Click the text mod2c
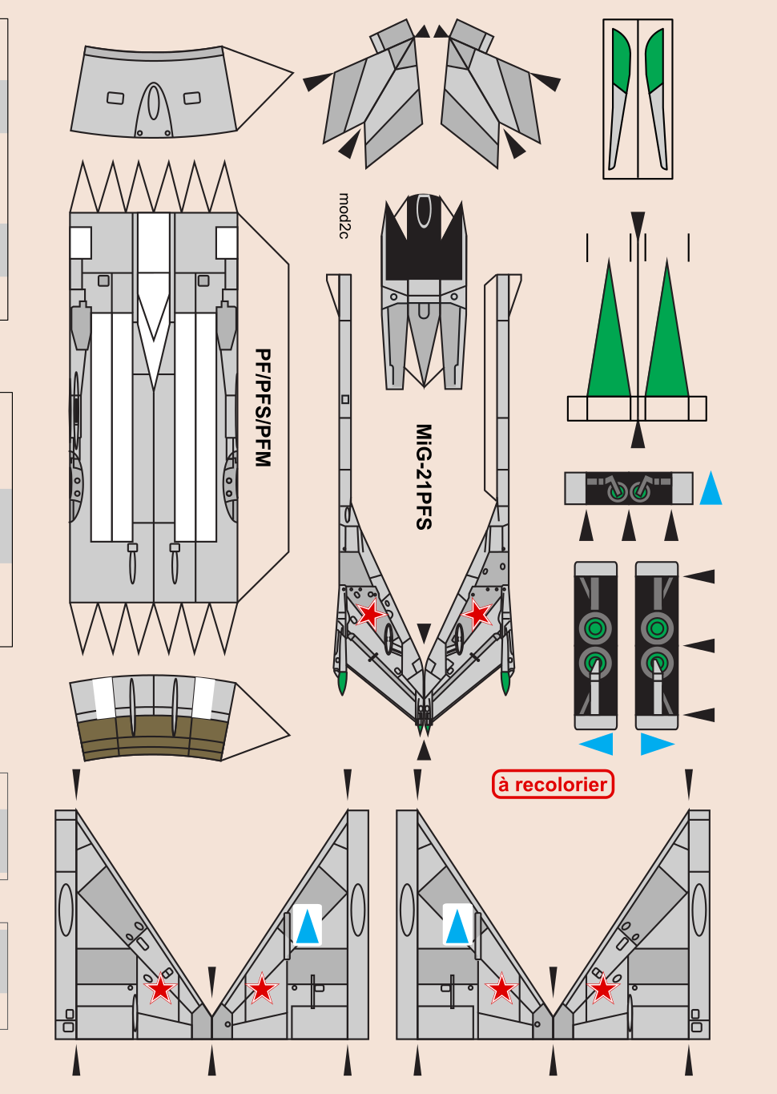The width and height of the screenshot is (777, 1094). (x=344, y=216)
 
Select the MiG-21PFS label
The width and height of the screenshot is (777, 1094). (x=424, y=477)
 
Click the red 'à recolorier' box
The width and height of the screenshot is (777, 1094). (x=553, y=784)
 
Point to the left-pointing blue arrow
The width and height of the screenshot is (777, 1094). (x=597, y=744)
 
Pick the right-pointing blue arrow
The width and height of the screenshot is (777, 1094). (x=656, y=744)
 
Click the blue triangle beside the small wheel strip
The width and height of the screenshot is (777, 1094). (x=711, y=489)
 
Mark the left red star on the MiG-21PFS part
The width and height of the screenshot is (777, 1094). (x=370, y=615)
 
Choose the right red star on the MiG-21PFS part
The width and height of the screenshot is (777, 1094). (x=478, y=615)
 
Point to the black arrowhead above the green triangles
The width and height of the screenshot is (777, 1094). (x=638, y=222)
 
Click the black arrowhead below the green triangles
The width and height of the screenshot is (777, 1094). (x=638, y=434)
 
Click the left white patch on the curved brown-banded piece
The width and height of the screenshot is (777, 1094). (x=104, y=697)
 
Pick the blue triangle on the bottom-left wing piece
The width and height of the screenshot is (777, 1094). (x=308, y=926)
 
